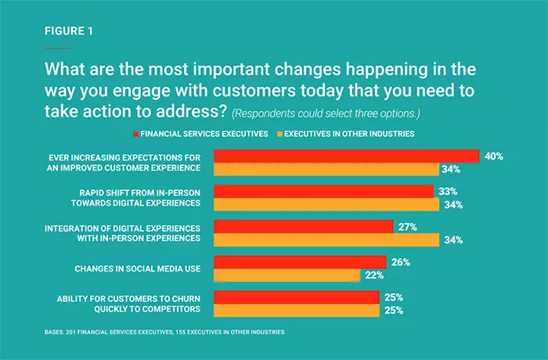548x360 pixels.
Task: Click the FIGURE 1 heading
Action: click(69, 31)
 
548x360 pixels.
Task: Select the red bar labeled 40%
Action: click(346, 156)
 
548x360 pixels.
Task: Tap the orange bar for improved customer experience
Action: click(326, 169)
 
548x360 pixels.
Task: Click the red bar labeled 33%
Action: click(323, 192)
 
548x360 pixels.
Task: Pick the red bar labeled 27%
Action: click(304, 226)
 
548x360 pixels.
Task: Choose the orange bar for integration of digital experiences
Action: click(326, 239)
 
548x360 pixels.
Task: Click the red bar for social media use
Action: click(300, 262)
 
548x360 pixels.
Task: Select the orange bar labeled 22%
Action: click(287, 275)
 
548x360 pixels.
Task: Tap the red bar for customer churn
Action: click(297, 297)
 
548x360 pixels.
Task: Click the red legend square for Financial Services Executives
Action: click(136, 134)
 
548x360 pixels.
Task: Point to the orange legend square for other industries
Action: click(279, 134)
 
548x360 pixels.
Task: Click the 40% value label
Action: click(494, 157)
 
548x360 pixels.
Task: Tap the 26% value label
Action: click(401, 262)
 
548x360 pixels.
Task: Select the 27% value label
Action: click(408, 227)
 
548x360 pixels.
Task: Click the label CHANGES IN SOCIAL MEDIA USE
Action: click(138, 268)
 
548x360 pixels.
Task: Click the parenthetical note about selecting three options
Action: click(326, 113)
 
